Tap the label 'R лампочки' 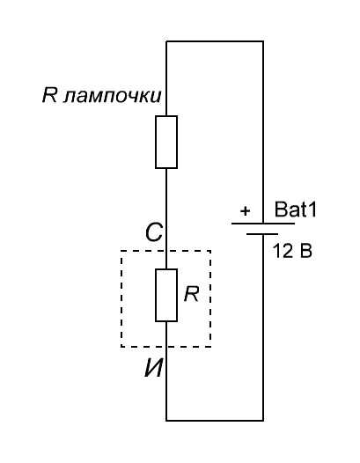point(101,95)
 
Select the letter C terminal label point(154,232)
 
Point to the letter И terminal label point(153,369)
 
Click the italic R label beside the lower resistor point(191,294)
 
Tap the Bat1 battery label point(296,209)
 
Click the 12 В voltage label point(292,251)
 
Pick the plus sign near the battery point(245,211)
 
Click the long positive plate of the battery point(263,224)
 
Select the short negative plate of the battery point(262,234)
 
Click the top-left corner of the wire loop point(166,41)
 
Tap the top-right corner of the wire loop point(263,41)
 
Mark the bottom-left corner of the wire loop point(166,420)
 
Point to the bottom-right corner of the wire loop point(263,420)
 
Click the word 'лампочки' point(113,96)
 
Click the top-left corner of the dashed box point(121,251)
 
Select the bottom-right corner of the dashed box point(210,347)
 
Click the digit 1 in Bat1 point(312,209)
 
